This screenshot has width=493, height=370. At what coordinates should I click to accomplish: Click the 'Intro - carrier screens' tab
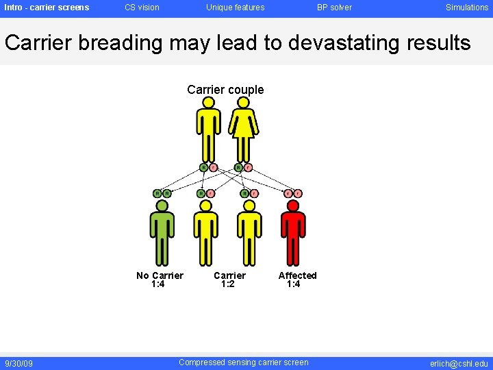click(x=47, y=8)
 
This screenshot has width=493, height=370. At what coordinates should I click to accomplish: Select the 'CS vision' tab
click(x=142, y=8)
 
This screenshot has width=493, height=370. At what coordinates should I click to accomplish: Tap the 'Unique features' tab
click(x=235, y=8)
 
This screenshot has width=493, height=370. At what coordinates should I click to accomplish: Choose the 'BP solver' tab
click(x=334, y=8)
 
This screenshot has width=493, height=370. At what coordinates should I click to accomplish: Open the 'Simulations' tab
click(x=467, y=8)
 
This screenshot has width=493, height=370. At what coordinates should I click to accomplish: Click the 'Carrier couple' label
click(x=225, y=90)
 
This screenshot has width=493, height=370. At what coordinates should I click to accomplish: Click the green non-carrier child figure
click(x=162, y=233)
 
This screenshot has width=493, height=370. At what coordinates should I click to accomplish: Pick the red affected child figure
click(x=293, y=233)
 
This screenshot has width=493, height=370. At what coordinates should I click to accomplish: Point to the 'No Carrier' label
click(x=160, y=275)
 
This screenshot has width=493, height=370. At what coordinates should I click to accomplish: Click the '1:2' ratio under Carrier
click(x=227, y=284)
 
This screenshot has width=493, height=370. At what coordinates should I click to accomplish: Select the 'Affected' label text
click(x=297, y=275)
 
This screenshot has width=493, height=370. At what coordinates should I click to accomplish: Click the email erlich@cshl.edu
click(x=459, y=363)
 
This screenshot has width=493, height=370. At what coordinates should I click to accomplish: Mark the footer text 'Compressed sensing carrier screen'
click(x=243, y=362)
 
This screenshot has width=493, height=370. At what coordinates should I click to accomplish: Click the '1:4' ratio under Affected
click(x=293, y=284)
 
